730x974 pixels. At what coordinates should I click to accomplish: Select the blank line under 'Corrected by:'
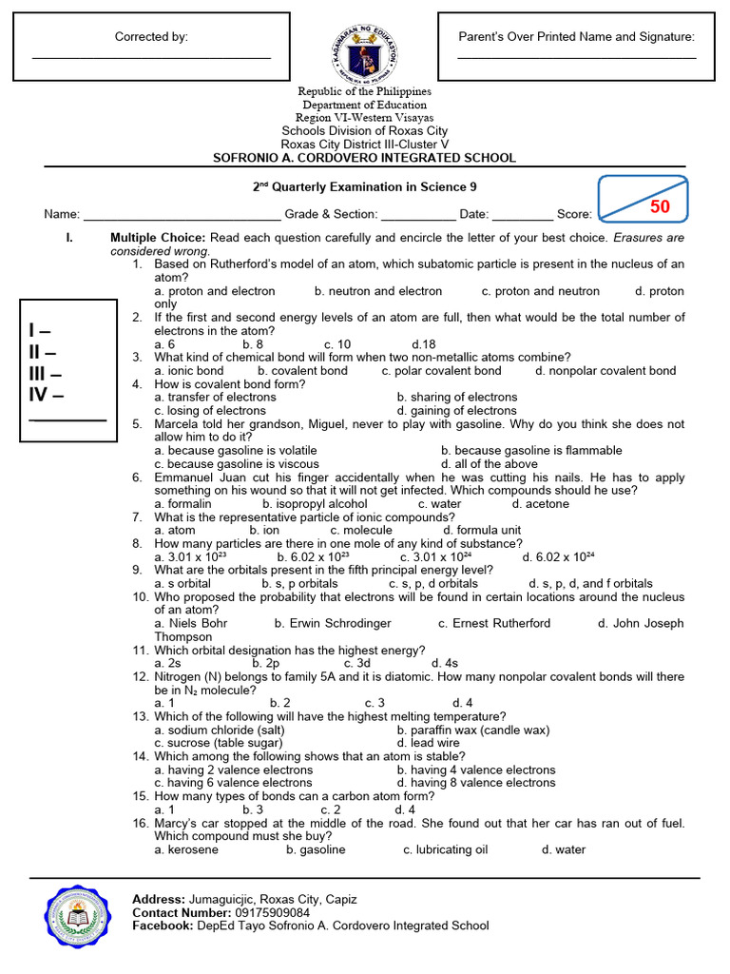(152, 57)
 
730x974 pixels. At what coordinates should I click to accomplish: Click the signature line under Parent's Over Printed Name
(577, 57)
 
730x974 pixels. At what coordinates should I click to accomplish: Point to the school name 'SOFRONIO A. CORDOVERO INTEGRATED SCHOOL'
(365, 158)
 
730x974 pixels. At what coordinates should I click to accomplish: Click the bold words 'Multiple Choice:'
(158, 237)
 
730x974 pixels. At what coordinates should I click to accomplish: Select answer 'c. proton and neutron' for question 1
(540, 291)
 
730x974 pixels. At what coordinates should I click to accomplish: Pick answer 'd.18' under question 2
(424, 344)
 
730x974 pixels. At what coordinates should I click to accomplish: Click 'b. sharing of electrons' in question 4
(457, 398)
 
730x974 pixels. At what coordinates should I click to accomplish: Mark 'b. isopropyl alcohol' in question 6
(315, 504)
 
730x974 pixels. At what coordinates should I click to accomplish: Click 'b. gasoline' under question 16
(316, 849)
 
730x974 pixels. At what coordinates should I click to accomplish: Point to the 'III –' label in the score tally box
(46, 373)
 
